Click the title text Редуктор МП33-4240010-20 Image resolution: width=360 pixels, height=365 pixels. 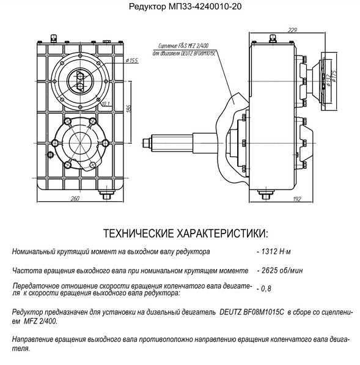pyautogui.click(x=185, y=6)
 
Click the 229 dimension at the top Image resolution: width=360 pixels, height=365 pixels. pyautogui.click(x=292, y=30)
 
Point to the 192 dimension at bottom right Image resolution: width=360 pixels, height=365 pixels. pyautogui.click(x=296, y=199)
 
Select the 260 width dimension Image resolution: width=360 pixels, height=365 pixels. pyautogui.click(x=75, y=198)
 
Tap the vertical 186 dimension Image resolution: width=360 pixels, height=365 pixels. pyautogui.click(x=129, y=109)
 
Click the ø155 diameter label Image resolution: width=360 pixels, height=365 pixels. pyautogui.click(x=131, y=61)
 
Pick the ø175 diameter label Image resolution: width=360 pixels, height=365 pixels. pyautogui.click(x=334, y=76)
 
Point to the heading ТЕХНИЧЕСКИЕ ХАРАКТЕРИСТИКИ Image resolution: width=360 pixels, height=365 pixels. pyautogui.click(x=185, y=234)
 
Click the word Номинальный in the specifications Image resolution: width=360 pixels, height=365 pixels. pyautogui.click(x=34, y=252)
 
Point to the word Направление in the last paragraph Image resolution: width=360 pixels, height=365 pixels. pyautogui.click(x=33, y=339)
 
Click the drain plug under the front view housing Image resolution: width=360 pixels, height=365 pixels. pyautogui.click(x=107, y=194)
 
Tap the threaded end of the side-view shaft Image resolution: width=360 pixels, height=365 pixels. pyautogui.click(x=147, y=142)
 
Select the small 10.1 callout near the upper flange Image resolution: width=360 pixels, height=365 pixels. pyautogui.click(x=106, y=103)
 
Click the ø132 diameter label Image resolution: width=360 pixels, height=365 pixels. pyautogui.click(x=328, y=80)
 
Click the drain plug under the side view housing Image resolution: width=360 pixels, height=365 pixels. pyautogui.click(x=266, y=194)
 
